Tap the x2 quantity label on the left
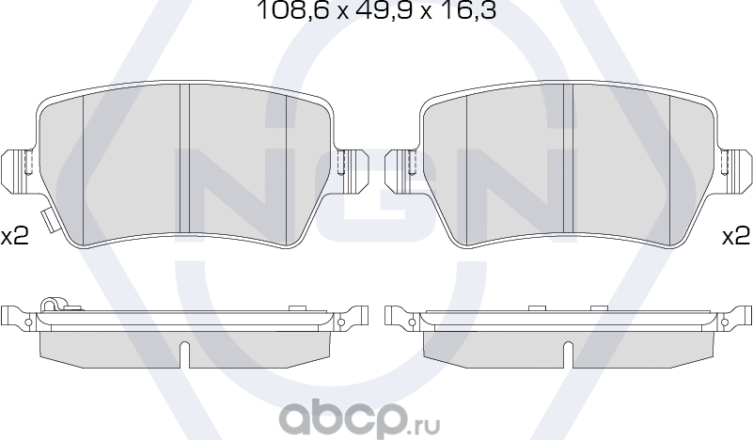point(14,236)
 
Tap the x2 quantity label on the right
point(735,236)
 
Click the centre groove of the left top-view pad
point(185,165)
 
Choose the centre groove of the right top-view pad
point(568,165)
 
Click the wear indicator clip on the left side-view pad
point(52,305)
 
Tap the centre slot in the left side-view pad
point(184,354)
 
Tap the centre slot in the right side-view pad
point(567,354)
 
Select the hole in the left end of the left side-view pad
point(28,322)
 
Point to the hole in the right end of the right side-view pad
point(725,322)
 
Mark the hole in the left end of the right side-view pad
point(410,322)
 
